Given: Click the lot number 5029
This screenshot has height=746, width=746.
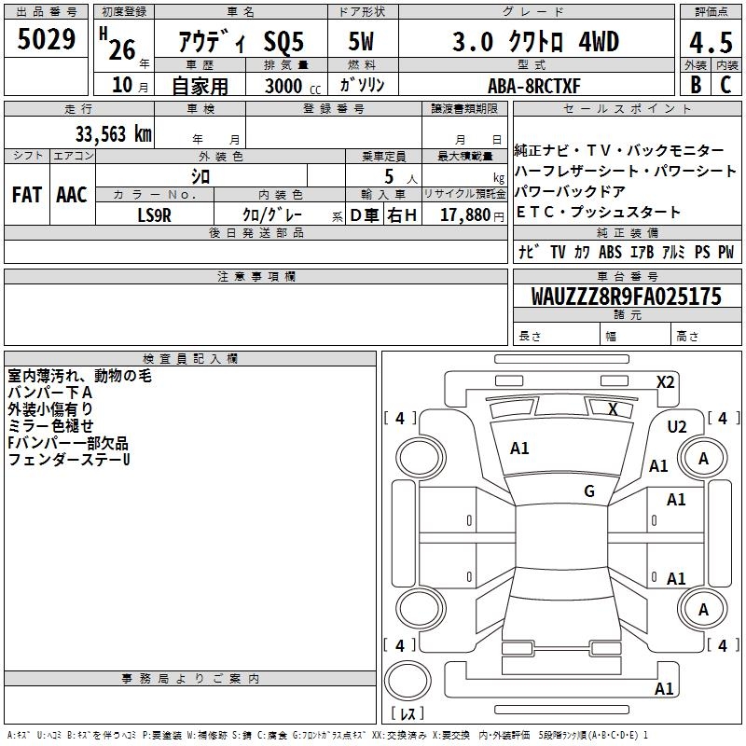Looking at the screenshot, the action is tap(46, 39).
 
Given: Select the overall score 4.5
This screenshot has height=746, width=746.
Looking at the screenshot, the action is tap(711, 42).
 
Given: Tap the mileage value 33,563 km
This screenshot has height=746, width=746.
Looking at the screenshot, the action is tap(113, 134).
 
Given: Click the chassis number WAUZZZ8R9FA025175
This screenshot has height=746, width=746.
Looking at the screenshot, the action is tap(626, 297).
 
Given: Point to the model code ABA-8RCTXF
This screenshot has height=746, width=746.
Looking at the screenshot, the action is tap(534, 86).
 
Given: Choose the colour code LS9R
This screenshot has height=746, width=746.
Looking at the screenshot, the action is tap(154, 215).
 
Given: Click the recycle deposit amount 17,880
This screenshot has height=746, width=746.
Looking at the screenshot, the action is tap(465, 215).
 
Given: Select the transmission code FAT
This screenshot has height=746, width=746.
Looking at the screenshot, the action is tap(27, 195).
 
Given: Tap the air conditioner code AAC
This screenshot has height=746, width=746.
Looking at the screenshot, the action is tap(72, 195).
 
